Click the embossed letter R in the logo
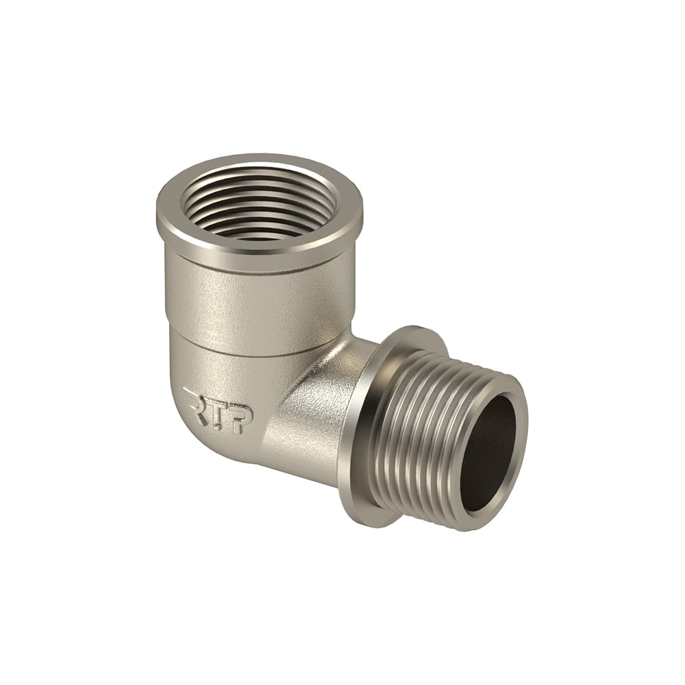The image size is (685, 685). (x=196, y=403)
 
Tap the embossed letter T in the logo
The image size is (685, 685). (x=218, y=410)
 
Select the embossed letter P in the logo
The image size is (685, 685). (x=240, y=418)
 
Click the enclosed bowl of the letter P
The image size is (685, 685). (x=244, y=413)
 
